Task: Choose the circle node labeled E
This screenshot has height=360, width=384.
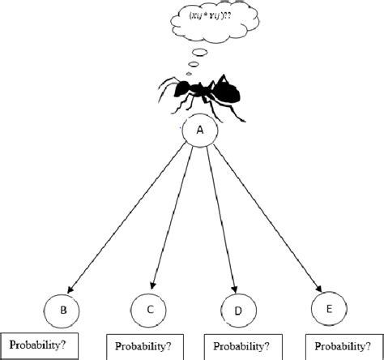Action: tap(326, 311)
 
